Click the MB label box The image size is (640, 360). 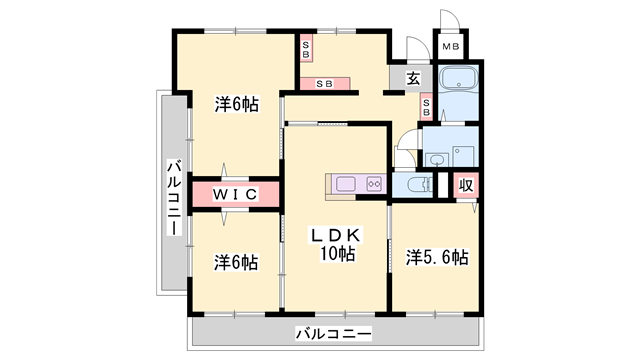coord(451,46)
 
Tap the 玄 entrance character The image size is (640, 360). coord(412,78)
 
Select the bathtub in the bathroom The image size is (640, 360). coord(461,79)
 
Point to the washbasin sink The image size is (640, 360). coord(436,159)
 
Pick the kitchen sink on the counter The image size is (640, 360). coord(346,184)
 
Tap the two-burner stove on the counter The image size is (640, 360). coord(374,184)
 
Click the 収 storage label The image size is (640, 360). coord(466,185)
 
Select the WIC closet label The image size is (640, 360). coord(235,193)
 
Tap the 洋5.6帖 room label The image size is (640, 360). coord(436,257)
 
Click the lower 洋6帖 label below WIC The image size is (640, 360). coord(236,263)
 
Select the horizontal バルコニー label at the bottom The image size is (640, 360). coord(333,334)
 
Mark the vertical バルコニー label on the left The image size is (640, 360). coord(173,199)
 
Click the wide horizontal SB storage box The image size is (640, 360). coord(325,84)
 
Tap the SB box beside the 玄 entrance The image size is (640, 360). coord(427,105)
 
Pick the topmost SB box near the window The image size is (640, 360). coord(307,47)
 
